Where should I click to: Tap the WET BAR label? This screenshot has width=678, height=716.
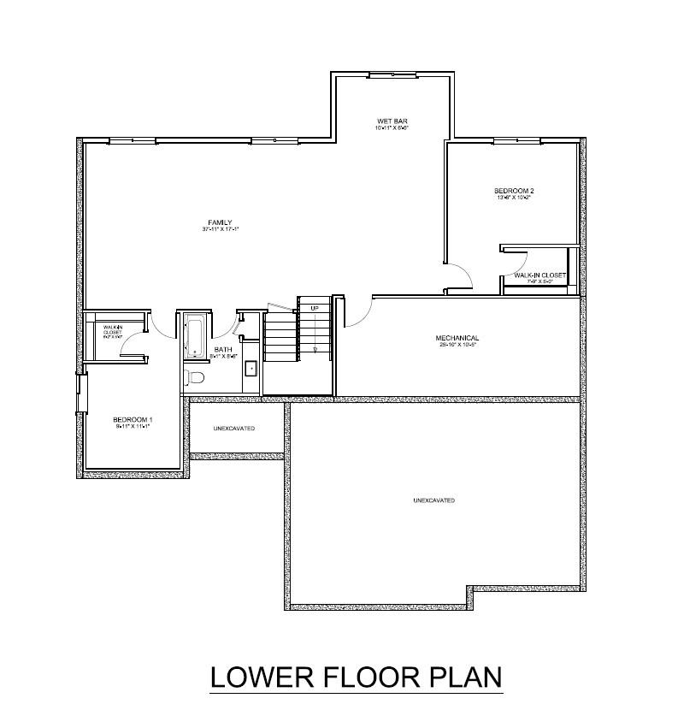(389, 121)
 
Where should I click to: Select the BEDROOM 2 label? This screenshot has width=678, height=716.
(514, 190)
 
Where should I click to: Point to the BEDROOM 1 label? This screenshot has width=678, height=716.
(133, 419)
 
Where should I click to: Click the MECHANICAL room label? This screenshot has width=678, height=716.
(457, 338)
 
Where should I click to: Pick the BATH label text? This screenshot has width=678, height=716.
(223, 349)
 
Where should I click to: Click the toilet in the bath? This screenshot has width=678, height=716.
(195, 378)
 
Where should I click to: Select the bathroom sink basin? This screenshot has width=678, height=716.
(251, 370)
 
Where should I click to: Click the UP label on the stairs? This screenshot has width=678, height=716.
(315, 308)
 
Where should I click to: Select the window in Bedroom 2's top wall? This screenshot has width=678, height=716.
(513, 140)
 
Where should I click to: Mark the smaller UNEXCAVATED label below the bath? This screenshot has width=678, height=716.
(234, 428)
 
